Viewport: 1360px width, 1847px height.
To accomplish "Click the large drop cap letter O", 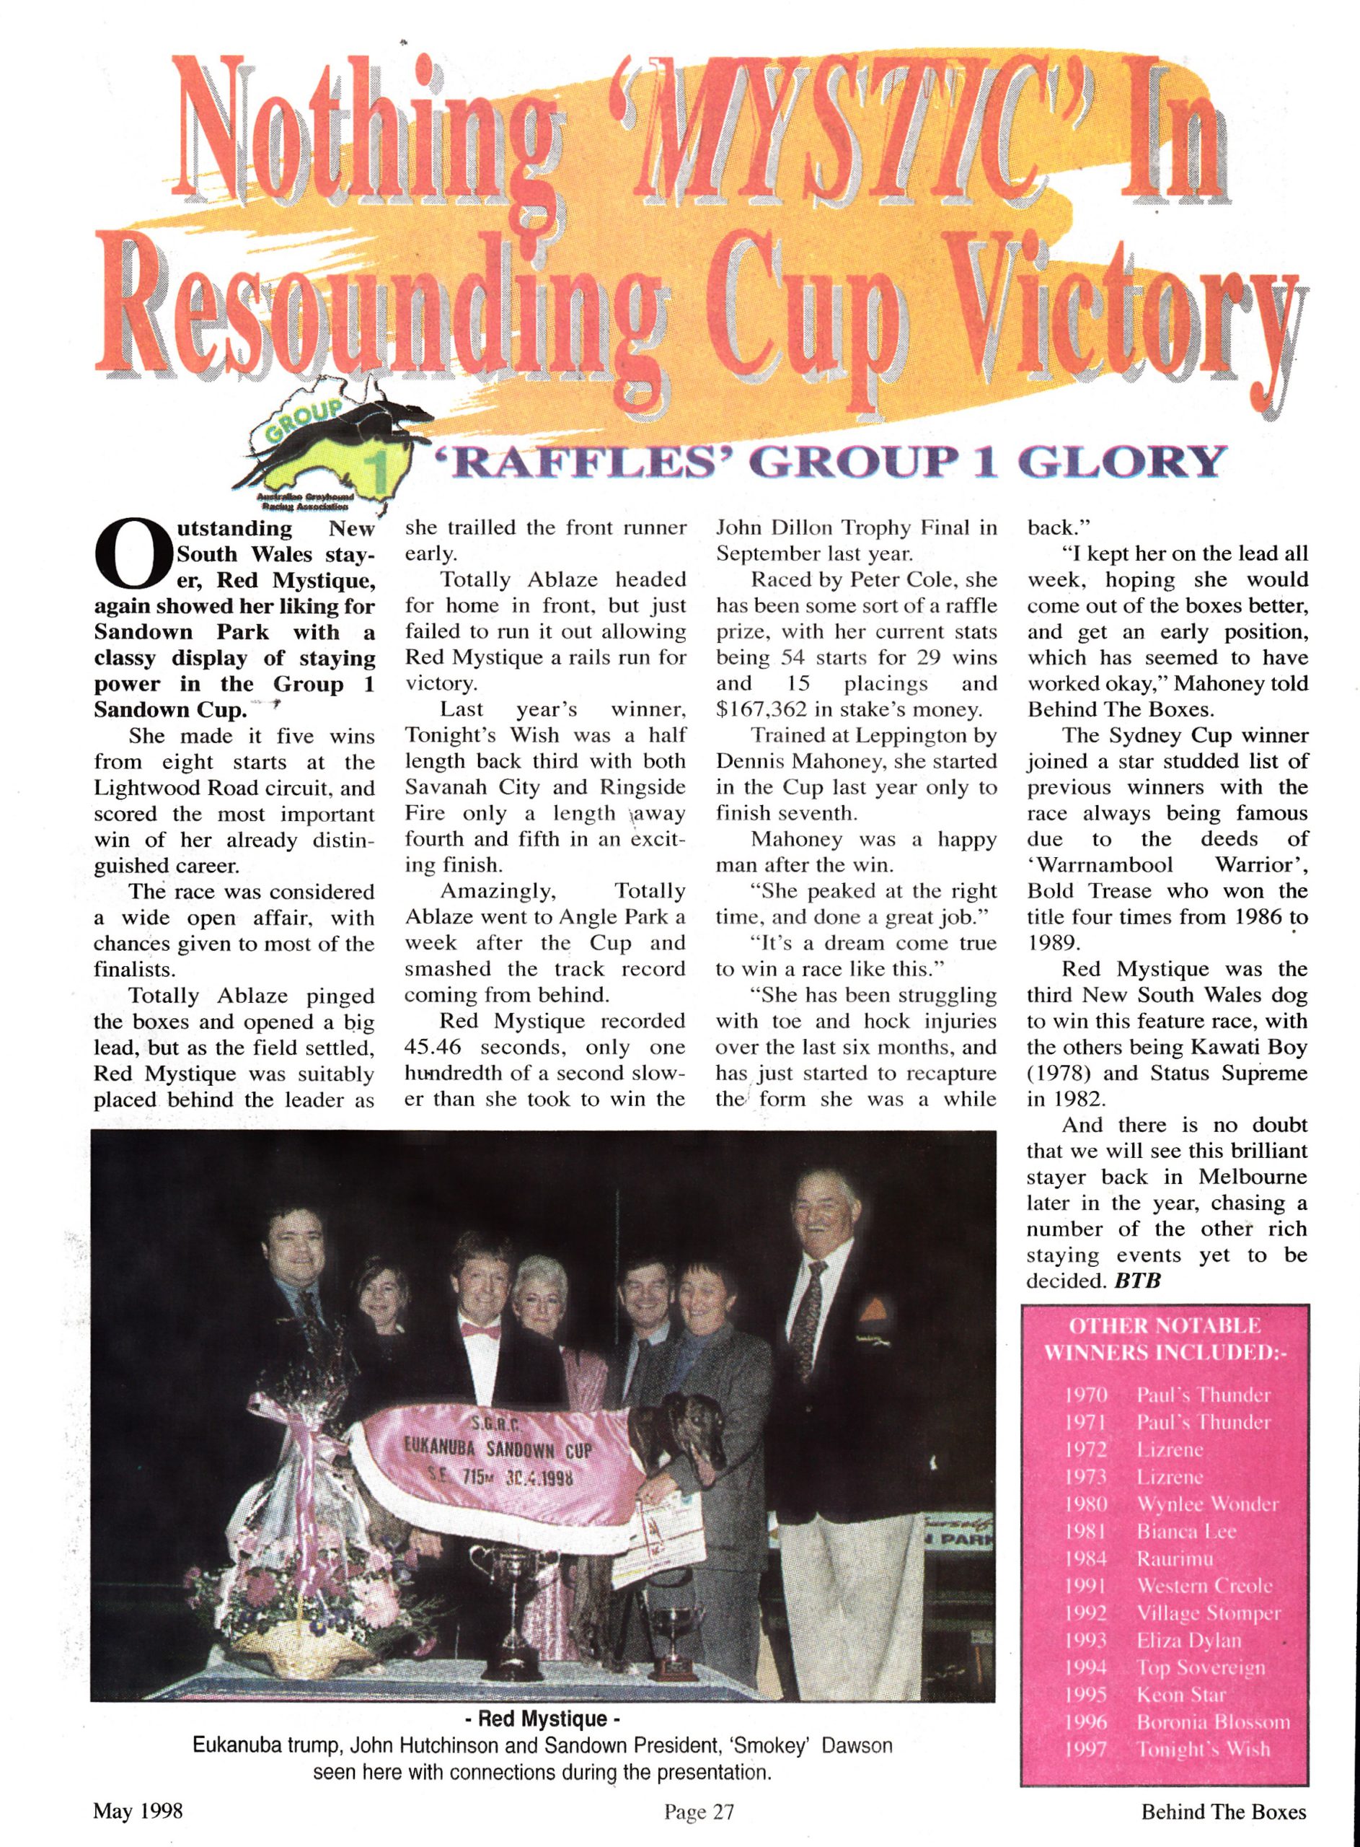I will (135, 553).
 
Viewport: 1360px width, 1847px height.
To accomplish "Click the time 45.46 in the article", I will (432, 1047).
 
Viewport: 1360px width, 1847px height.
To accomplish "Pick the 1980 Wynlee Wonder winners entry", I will (1170, 1504).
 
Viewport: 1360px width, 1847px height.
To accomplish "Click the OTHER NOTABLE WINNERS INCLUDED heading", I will (1164, 1340).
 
